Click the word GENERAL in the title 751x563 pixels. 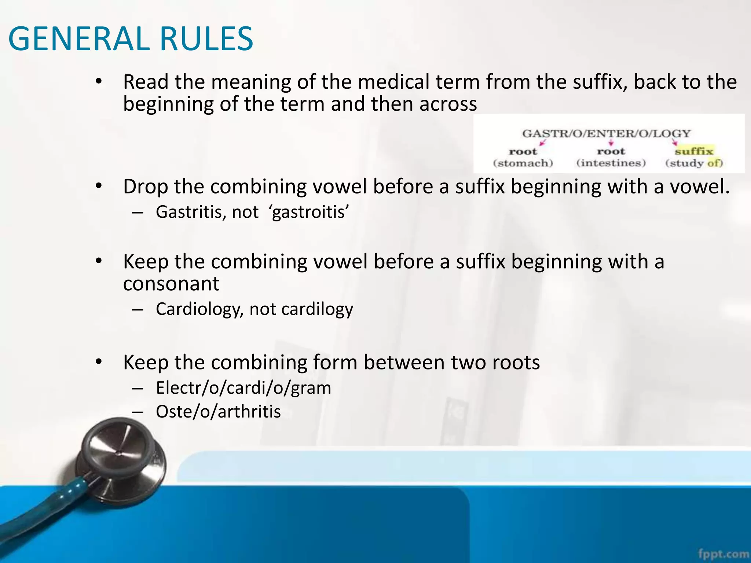[78, 39]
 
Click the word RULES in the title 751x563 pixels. [206, 39]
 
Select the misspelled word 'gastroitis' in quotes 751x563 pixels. [309, 212]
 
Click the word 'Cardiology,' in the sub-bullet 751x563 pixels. [199, 309]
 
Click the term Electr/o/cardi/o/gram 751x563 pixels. [243, 388]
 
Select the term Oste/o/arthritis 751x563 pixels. [218, 412]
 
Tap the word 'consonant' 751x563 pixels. [171, 284]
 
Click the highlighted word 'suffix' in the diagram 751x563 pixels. [694, 151]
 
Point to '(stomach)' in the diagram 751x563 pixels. [523, 163]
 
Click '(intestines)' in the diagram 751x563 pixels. [611, 163]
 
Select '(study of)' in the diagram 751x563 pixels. [694, 163]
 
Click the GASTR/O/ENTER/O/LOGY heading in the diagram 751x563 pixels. [606, 133]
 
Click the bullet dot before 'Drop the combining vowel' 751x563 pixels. [98, 186]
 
